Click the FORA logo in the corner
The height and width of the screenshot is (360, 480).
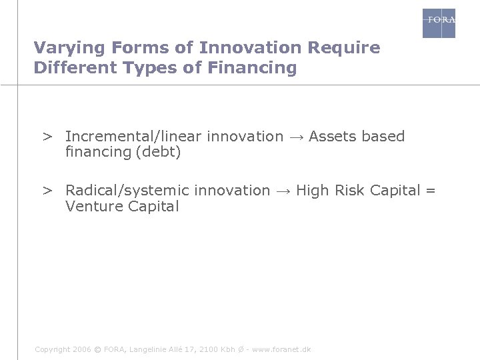439,23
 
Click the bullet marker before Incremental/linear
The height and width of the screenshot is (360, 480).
48,137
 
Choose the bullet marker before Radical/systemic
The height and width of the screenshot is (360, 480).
48,191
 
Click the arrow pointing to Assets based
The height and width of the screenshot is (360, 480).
296,137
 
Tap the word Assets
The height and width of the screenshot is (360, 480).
332,137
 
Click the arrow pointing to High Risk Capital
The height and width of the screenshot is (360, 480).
283,191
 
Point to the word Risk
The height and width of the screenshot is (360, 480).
350,191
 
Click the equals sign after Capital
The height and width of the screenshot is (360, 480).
430,191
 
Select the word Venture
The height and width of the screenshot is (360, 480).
91,207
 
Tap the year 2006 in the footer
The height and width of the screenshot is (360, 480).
80,349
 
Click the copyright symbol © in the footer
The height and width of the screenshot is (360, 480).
98,349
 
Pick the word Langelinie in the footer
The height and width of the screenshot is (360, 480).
151,349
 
